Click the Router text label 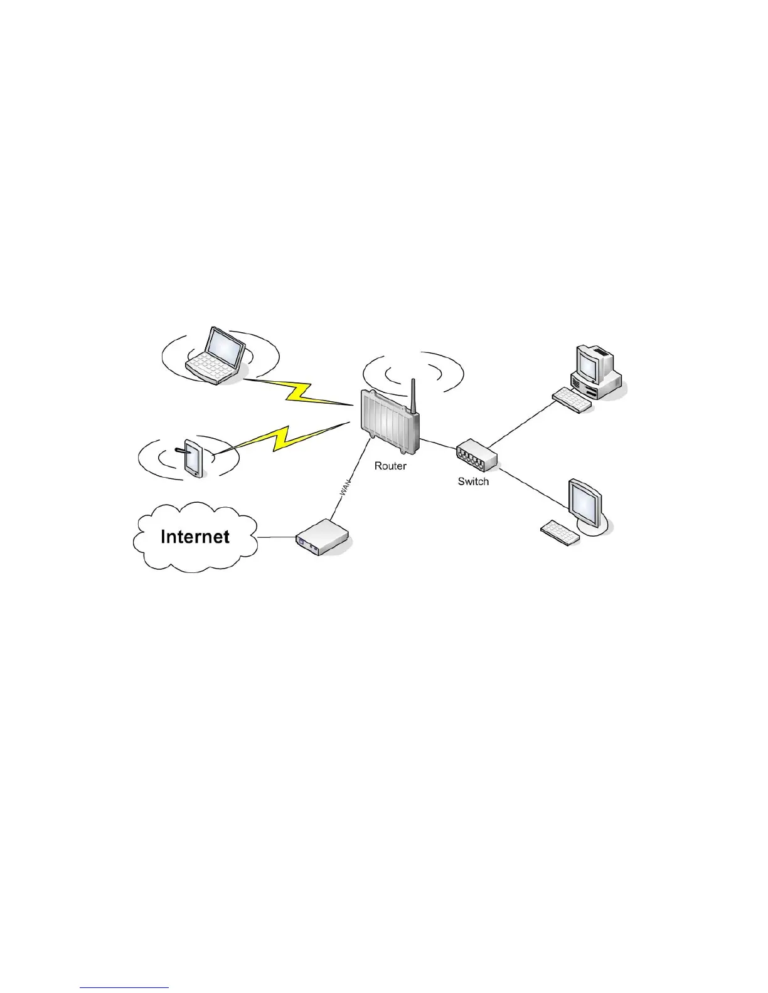click(x=390, y=466)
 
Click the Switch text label click(x=473, y=481)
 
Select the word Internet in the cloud click(x=195, y=537)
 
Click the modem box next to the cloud click(x=322, y=537)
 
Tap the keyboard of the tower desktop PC click(x=572, y=400)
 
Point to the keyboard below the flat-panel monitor click(x=560, y=533)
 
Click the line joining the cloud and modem click(x=276, y=537)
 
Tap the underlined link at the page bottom click(x=125, y=988)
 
